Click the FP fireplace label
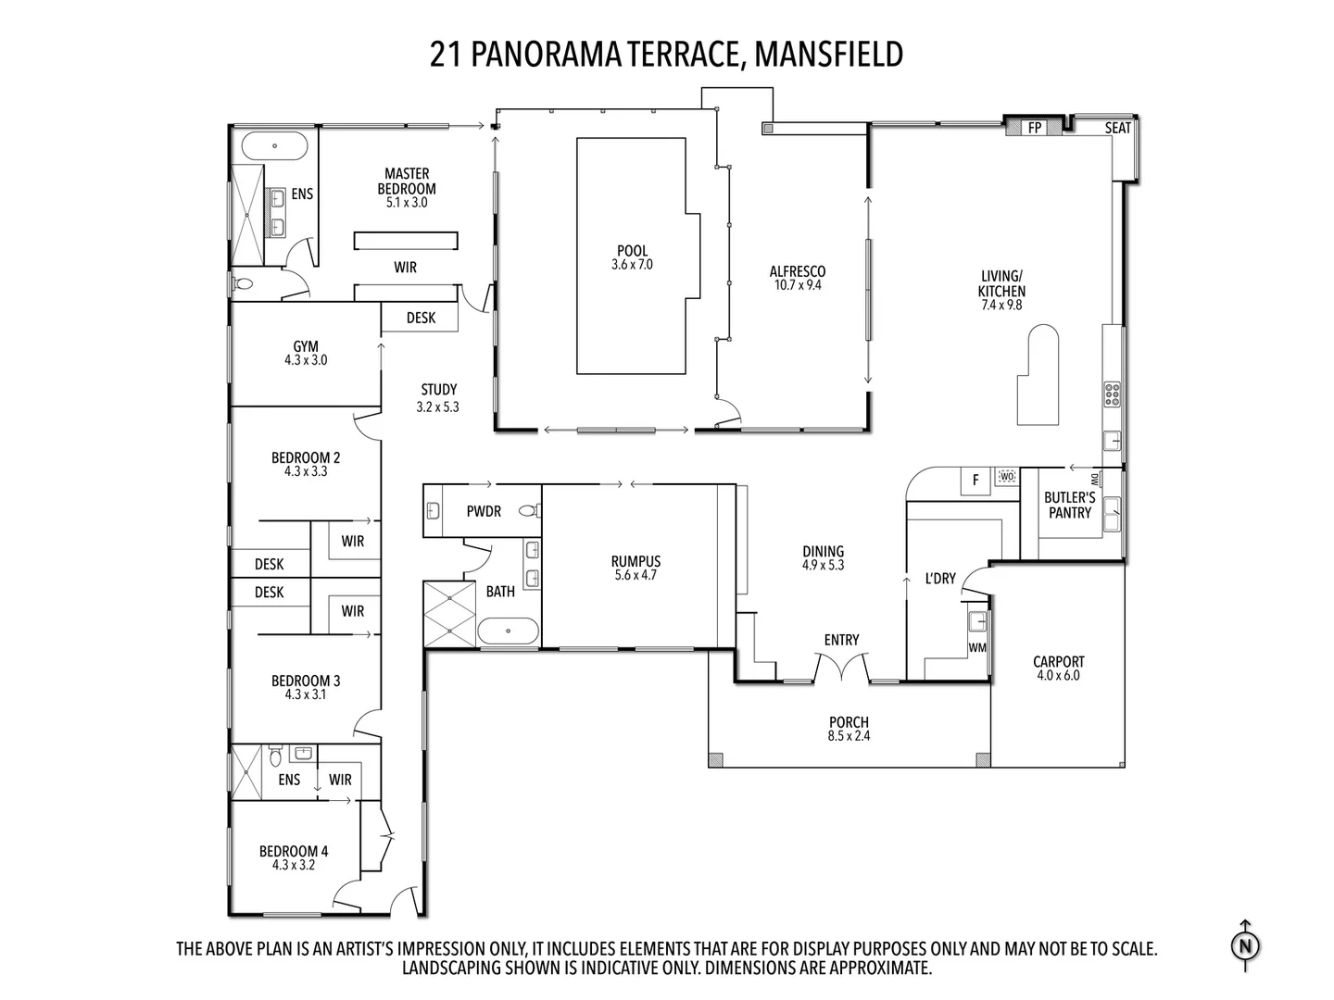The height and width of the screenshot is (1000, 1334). pyautogui.click(x=1035, y=128)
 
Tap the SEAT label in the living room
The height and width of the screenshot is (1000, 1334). pyautogui.click(x=1117, y=128)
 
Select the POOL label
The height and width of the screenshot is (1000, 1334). pyautogui.click(x=632, y=250)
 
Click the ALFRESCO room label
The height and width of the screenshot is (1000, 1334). pyautogui.click(x=798, y=271)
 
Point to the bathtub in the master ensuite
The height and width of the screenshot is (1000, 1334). pyautogui.click(x=275, y=145)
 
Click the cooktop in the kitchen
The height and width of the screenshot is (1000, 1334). pyautogui.click(x=1113, y=394)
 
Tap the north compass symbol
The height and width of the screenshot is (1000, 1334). pyautogui.click(x=1245, y=946)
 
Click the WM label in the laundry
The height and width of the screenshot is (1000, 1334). pyautogui.click(x=977, y=648)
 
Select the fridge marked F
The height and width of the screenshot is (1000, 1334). pyautogui.click(x=975, y=481)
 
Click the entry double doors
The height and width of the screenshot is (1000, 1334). pyautogui.click(x=842, y=666)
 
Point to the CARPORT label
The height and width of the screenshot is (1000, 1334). pyautogui.click(x=1059, y=661)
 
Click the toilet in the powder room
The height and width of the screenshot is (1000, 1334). pyautogui.click(x=529, y=510)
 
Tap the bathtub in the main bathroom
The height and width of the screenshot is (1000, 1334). pyautogui.click(x=508, y=631)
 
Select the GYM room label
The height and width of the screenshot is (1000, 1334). pyautogui.click(x=306, y=346)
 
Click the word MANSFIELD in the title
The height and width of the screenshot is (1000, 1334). pyautogui.click(x=828, y=54)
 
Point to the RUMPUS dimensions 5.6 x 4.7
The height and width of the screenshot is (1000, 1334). pyautogui.click(x=636, y=575)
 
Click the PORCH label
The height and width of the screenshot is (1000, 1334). pyautogui.click(x=849, y=722)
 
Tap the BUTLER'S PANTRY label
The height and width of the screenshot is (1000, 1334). pyautogui.click(x=1070, y=505)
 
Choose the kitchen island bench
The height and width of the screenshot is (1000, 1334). pyautogui.click(x=1038, y=375)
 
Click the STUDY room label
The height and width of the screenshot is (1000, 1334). pyautogui.click(x=439, y=389)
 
